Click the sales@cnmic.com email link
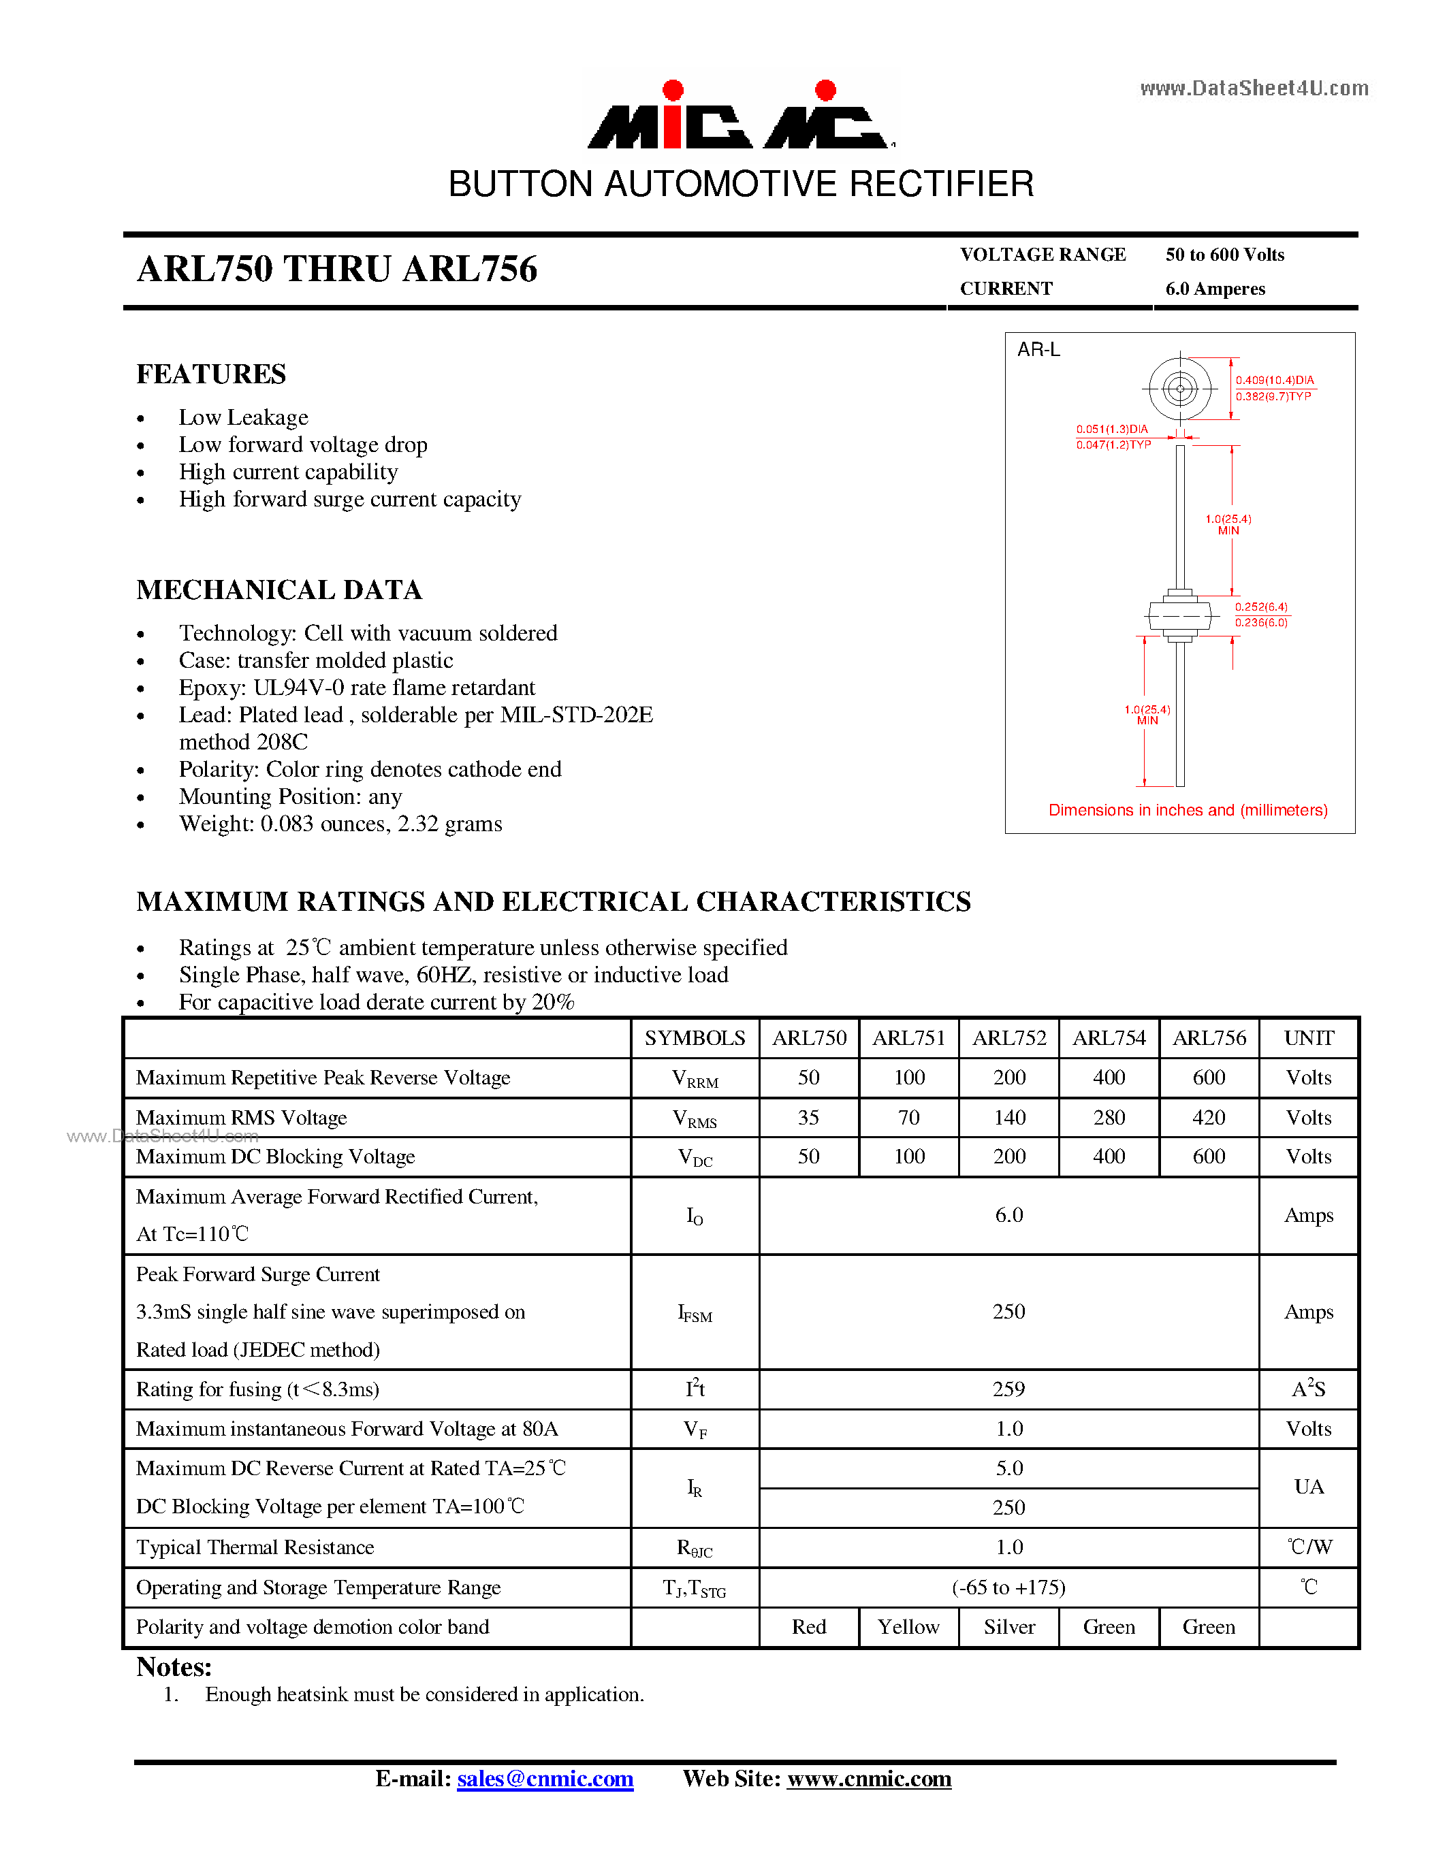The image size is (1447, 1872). pos(545,1779)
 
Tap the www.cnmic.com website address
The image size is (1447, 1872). pos(870,1779)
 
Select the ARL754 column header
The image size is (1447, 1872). pos(1109,1038)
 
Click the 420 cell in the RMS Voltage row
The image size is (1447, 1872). pos(1209,1118)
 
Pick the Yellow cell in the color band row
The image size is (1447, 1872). pos(908,1627)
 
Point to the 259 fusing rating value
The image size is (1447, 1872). pos(1009,1389)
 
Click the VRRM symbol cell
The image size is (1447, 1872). pos(695,1079)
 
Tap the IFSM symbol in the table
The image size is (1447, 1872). pos(695,1313)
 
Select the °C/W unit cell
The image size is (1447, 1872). pos(1309,1547)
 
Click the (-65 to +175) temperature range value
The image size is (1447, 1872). pos(1009,1587)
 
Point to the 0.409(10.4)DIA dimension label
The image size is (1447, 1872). pos(1274,380)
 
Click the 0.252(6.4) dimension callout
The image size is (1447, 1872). pos(1261,607)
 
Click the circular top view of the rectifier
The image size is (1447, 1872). pos(1179,389)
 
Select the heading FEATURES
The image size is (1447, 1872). pos(211,374)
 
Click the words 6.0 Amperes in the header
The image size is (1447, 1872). pos(1215,289)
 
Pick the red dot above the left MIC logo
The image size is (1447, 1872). pos(673,90)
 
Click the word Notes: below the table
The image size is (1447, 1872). pos(174,1667)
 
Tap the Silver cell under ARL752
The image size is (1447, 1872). pos(1009,1627)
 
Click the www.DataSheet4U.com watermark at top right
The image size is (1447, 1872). pos(1254,88)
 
